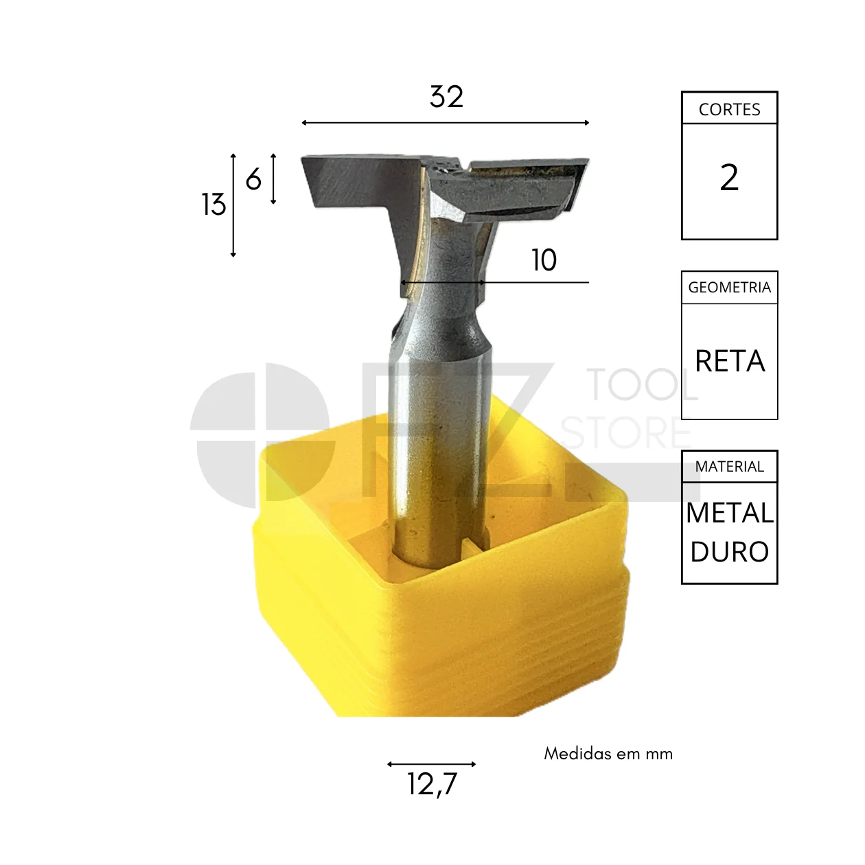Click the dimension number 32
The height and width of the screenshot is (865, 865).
tap(446, 97)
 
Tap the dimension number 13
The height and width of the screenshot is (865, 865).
tap(214, 205)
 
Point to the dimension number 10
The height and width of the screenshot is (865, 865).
tap(544, 260)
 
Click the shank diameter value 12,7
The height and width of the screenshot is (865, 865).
tap(432, 784)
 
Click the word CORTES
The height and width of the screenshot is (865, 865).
tap(729, 110)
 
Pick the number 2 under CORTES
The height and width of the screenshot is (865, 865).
tap(729, 178)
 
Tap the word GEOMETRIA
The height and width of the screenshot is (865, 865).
tap(729, 287)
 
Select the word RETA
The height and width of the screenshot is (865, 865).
tap(730, 361)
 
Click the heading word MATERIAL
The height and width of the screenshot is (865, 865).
tap(729, 467)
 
